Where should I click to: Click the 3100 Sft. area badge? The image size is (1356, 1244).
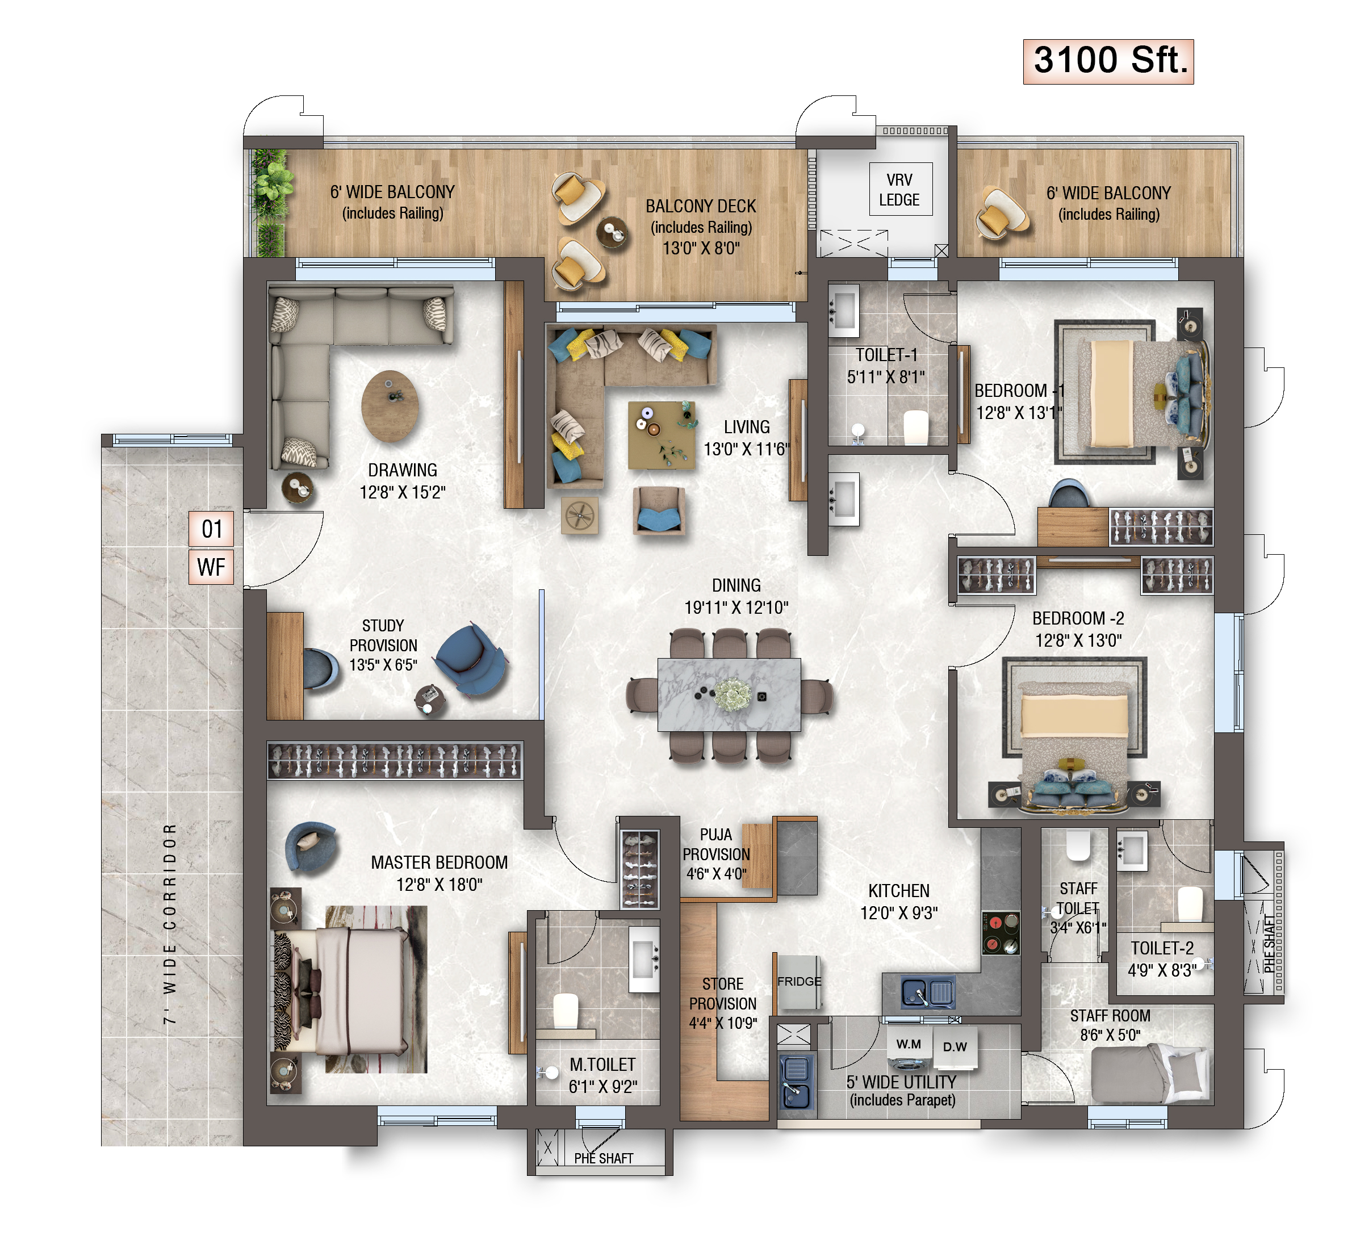[1108, 61]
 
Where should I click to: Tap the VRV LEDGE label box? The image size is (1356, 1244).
[900, 189]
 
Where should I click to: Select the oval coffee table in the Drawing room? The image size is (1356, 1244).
[390, 406]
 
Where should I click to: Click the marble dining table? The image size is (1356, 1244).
[729, 695]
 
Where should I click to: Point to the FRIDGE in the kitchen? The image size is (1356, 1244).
[798, 982]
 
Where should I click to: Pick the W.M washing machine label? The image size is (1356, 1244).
[909, 1045]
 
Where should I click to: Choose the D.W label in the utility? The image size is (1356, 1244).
[955, 1048]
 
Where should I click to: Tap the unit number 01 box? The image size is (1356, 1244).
[211, 529]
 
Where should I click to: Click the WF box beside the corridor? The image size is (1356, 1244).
[211, 567]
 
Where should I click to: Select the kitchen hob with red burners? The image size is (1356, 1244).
[1001, 933]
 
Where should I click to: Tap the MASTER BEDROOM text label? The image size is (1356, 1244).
[439, 862]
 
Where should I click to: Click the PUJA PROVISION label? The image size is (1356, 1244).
[717, 844]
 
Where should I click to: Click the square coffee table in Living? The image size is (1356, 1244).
[661, 435]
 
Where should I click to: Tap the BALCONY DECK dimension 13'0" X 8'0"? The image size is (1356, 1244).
[701, 248]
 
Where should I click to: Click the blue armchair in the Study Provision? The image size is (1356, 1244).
[471, 660]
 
